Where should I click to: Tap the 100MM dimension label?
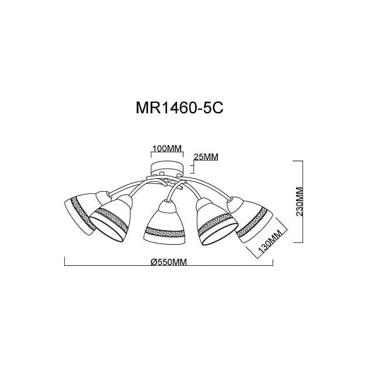(167, 148)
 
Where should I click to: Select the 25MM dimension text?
(206, 157)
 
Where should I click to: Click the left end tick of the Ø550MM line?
(63, 266)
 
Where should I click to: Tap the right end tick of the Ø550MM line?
(273, 266)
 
